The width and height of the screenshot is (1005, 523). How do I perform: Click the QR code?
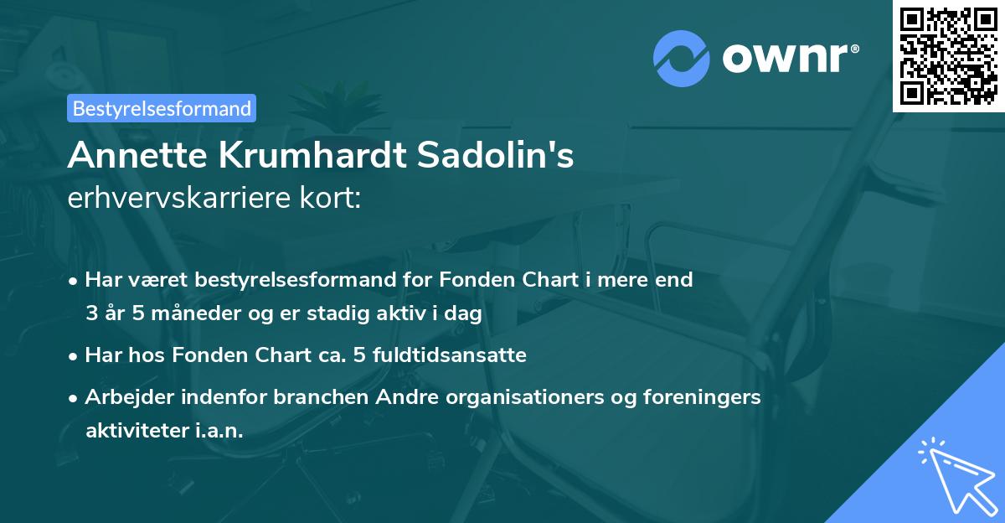(x=949, y=56)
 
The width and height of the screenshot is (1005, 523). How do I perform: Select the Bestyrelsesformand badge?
(x=162, y=108)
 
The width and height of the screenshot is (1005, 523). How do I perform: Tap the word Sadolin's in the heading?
(x=503, y=156)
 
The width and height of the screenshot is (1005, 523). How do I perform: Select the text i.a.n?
(x=216, y=431)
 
